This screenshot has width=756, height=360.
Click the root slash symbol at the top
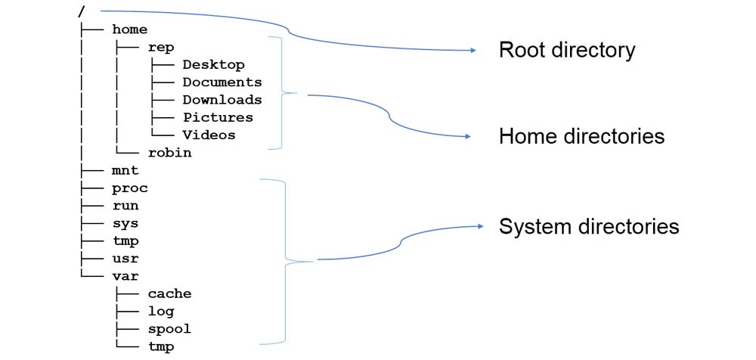click(x=81, y=11)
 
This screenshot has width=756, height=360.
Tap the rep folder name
click(x=160, y=47)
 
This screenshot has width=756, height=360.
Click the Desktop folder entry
click(x=213, y=65)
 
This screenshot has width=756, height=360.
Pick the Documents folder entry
click(x=222, y=82)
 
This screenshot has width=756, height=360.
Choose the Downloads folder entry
click(x=222, y=100)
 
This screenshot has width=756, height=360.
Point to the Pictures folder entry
click(x=218, y=118)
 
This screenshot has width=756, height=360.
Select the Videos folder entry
click(x=209, y=135)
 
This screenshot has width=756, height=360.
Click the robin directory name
click(x=169, y=153)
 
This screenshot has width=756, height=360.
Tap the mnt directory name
click(x=125, y=171)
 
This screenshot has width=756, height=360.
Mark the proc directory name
click(x=129, y=188)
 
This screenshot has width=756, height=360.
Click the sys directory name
click(x=125, y=224)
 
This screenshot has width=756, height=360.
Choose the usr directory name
click(x=125, y=259)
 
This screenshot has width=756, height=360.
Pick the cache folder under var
click(x=169, y=294)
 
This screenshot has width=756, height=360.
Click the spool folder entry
click(x=169, y=330)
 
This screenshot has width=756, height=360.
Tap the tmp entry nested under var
click(x=160, y=347)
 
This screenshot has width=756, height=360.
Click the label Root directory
click(x=567, y=51)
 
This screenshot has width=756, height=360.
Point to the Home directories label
click(x=581, y=137)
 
